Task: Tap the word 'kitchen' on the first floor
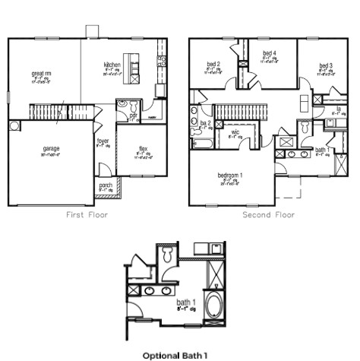(112, 65)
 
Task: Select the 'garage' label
(51, 147)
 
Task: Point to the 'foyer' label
(102, 141)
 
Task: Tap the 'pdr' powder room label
(134, 115)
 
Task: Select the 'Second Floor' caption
(268, 215)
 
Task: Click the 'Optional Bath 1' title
(175, 354)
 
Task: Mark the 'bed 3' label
(326, 65)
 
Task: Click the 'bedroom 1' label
(230, 176)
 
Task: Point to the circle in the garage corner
(14, 125)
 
